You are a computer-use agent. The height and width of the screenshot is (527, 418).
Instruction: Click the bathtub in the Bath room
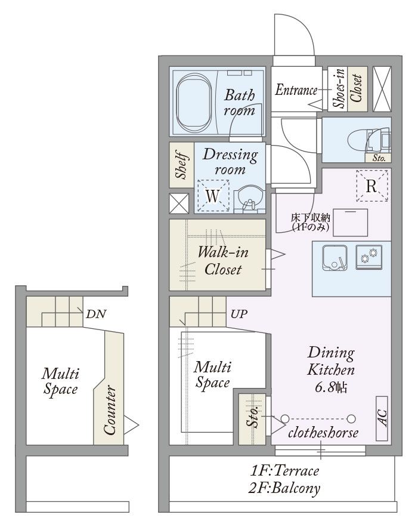(194, 102)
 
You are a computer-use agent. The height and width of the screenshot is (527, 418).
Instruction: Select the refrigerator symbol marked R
(371, 186)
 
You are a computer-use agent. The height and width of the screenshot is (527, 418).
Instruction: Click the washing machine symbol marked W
(213, 196)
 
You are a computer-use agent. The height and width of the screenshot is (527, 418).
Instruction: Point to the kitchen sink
(335, 257)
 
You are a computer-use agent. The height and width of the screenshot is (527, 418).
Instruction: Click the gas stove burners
(369, 257)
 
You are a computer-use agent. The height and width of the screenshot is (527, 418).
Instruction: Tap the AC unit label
(382, 418)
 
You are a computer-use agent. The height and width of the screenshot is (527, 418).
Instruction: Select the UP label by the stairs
(239, 314)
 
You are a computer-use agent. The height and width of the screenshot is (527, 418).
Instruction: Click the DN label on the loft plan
(96, 314)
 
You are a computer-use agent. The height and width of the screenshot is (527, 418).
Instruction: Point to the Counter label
(110, 409)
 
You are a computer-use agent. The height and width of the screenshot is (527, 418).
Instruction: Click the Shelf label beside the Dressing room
(181, 166)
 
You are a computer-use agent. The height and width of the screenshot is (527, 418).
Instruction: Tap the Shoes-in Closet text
(348, 88)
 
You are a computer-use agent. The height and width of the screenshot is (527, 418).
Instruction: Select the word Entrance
(296, 90)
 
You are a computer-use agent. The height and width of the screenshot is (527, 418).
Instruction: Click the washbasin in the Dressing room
(249, 198)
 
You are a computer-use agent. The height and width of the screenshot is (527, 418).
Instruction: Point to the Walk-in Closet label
(223, 261)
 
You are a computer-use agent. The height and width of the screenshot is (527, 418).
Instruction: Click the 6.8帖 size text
(331, 387)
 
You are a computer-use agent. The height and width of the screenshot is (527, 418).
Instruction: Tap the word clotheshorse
(323, 433)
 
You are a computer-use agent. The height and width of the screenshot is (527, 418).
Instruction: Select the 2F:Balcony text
(284, 488)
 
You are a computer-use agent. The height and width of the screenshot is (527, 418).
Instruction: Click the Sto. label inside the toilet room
(379, 158)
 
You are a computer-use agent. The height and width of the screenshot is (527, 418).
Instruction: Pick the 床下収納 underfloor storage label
(311, 218)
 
